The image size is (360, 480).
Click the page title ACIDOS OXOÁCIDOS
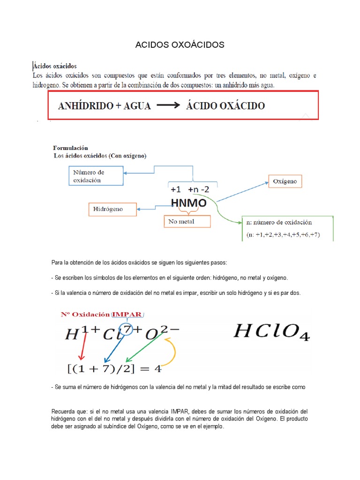tap(180, 45)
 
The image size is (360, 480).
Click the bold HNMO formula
tap(188, 203)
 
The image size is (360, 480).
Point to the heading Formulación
tap(71, 148)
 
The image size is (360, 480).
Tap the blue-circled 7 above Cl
tap(126, 329)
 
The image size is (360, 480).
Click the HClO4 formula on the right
tap(271, 332)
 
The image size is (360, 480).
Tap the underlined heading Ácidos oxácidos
tap(55, 66)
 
